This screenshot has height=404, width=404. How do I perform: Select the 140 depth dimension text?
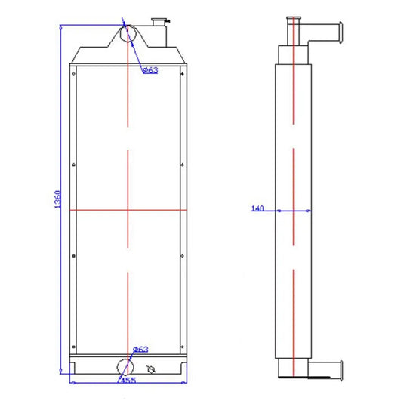(258, 209)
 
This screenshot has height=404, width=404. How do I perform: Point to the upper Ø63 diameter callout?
(150, 70)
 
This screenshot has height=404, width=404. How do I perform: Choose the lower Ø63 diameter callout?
(140, 349)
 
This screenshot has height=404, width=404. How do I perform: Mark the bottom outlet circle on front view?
(123, 366)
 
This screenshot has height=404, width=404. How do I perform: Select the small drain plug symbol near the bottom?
(151, 369)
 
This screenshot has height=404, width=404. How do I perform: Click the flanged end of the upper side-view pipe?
(340, 34)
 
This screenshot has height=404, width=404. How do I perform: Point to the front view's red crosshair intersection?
(129, 210)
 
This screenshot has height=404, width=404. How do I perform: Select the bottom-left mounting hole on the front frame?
(74, 344)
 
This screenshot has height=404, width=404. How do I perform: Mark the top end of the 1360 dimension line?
(60, 25)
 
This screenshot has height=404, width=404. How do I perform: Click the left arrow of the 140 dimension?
(279, 211)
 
